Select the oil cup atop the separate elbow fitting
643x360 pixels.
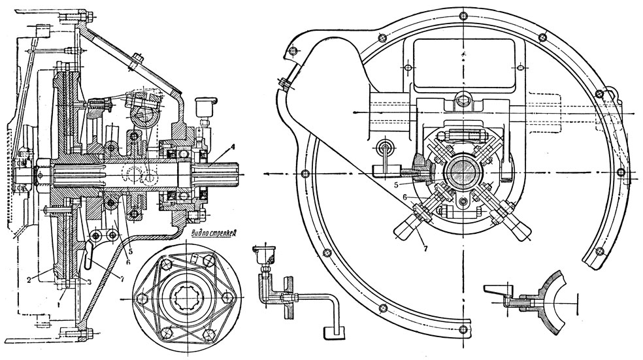coord(265,252)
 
